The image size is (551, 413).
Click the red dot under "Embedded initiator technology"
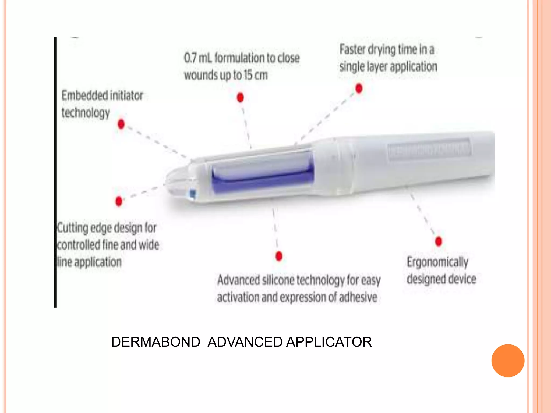click(121, 124)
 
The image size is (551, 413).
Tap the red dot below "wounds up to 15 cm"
click(240, 97)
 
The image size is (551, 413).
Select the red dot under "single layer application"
click(359, 88)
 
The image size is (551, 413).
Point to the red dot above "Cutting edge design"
click(119, 201)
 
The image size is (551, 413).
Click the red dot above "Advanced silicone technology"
click(279, 256)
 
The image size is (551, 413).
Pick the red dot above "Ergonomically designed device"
click(439, 241)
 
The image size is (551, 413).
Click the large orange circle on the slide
click(508, 361)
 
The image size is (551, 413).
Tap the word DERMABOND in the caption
click(156, 342)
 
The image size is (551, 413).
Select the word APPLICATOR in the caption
click(329, 342)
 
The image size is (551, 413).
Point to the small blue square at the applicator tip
click(193, 193)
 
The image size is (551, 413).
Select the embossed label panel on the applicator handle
click(429, 149)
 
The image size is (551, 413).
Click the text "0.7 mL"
click(198, 58)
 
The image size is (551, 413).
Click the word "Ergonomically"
click(437, 262)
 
